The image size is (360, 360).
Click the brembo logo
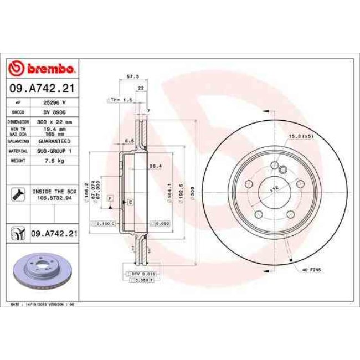click(43, 68)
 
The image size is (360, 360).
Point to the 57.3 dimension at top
click(132, 77)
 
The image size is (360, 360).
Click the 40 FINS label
click(312, 269)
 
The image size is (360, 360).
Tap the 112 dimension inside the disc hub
click(272, 189)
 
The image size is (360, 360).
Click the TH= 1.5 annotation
click(121, 100)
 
